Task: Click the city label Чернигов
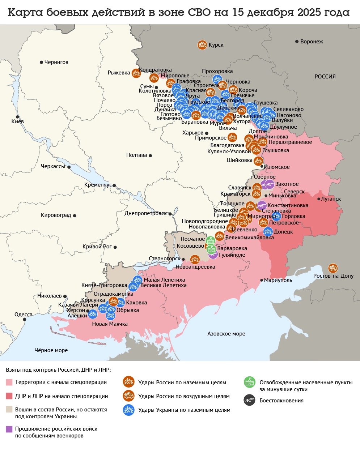coord(56,62)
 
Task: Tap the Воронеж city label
coord(312,42)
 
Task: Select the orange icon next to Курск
coord(202,45)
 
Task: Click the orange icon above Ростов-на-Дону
coord(333,268)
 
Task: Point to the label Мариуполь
coord(278,280)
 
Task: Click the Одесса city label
coord(24,315)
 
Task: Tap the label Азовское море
coord(226,334)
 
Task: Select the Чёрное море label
coord(51,350)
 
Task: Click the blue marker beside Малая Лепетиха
coord(137,280)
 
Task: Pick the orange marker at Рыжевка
coord(136,73)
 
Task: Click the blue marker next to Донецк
coord(268,232)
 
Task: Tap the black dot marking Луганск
coord(319,199)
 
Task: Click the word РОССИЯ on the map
coord(325,77)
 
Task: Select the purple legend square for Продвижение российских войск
coord(9,429)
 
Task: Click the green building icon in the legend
coord(250,382)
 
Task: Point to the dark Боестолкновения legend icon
coord(250,400)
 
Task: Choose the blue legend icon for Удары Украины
coord(128,410)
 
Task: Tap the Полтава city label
coord(136,155)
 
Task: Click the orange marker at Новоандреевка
coord(195,260)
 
